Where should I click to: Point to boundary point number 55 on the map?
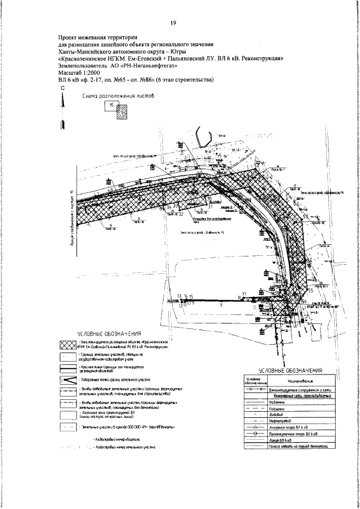tap(309, 291)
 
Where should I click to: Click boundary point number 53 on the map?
tap(305, 217)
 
